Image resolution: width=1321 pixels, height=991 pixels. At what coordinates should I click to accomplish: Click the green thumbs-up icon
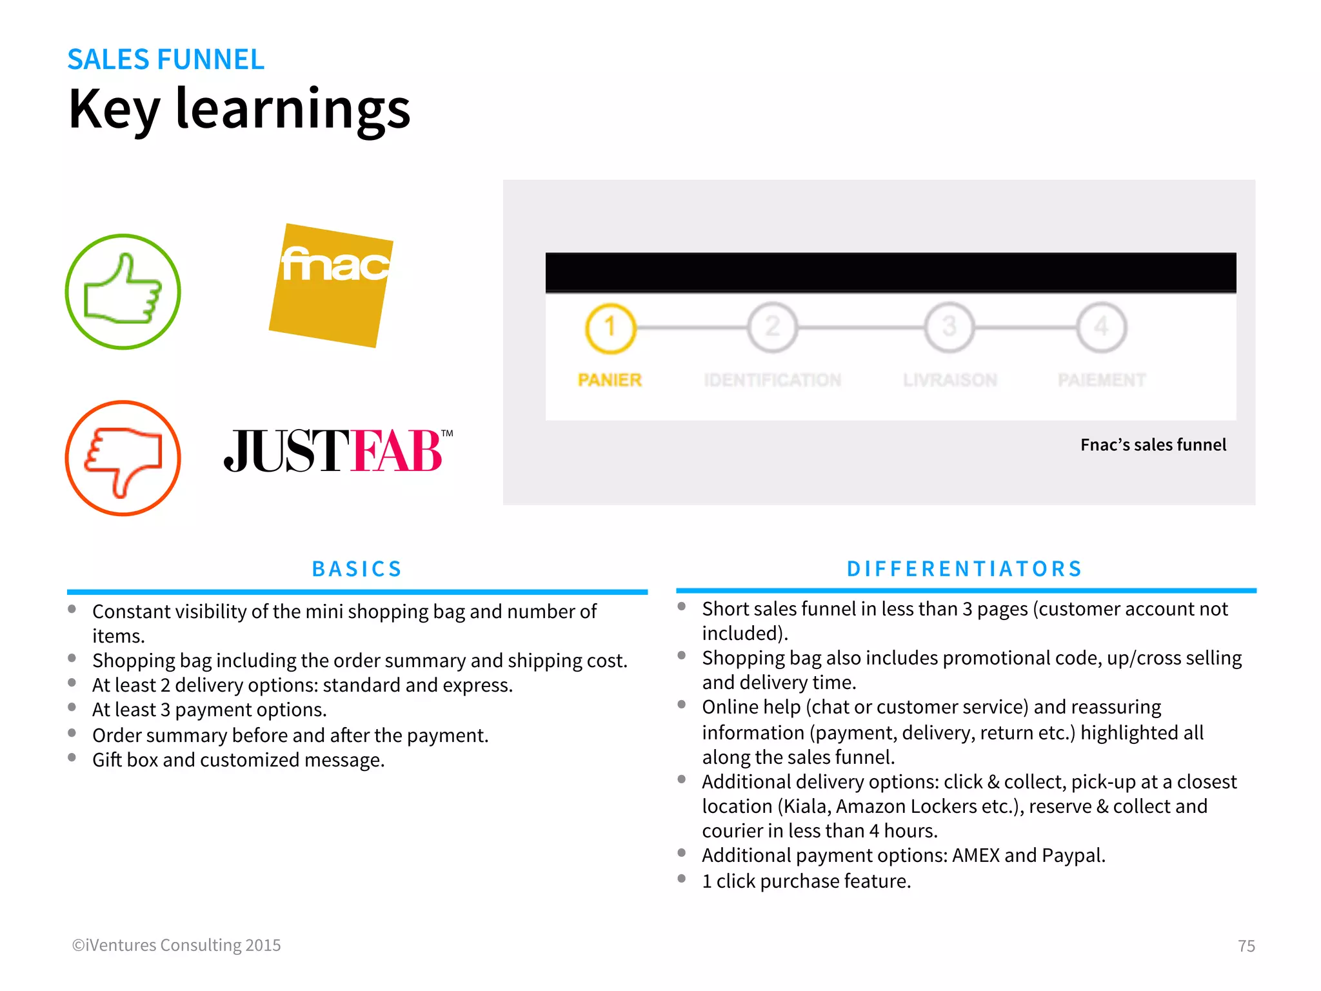pos(123,292)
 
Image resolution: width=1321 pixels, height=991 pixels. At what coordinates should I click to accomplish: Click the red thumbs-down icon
pos(123,458)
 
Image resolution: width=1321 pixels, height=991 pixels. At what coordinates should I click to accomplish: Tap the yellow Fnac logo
pos(332,285)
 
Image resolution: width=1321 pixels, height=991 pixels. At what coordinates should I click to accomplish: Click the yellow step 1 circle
pos(610,328)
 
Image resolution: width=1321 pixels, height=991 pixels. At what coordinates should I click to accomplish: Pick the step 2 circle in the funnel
pos(772,328)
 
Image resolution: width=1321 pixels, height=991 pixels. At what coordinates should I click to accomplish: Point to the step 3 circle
pos(949,328)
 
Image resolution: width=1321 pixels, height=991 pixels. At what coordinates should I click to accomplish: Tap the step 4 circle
pos(1102,328)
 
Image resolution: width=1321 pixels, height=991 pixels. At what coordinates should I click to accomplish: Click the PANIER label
pos(610,380)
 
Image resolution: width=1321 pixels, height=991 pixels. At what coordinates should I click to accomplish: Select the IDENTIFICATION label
pos(772,380)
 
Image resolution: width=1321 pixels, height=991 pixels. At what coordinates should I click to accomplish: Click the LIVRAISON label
pos(949,380)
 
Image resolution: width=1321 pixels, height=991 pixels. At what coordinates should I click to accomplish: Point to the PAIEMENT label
pos(1102,380)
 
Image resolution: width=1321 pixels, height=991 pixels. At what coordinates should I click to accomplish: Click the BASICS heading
pos(357,568)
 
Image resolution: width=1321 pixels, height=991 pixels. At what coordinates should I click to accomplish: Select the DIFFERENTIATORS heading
pos(964,568)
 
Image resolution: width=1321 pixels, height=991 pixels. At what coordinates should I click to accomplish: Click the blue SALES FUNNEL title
pos(166,59)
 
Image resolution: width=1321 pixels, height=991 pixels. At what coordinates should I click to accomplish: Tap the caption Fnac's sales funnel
pos(1153,445)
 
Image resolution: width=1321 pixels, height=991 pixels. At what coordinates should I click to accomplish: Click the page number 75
pos(1246,946)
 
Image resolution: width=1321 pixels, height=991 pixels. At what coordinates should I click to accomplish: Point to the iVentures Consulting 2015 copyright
pos(176,945)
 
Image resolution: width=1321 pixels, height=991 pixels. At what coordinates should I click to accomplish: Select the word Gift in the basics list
pos(107,760)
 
